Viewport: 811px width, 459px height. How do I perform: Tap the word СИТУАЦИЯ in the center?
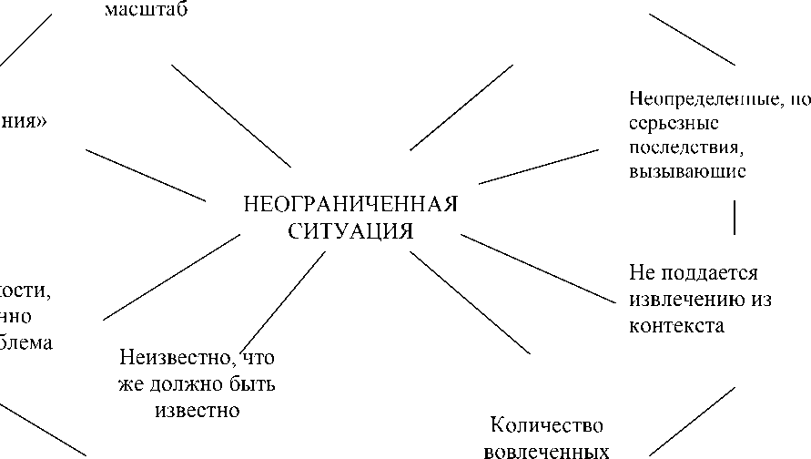tap(350, 230)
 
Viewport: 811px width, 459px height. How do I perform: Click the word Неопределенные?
tap(698, 98)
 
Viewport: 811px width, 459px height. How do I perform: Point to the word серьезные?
tap(674, 122)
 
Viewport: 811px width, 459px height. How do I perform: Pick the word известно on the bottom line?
tap(196, 410)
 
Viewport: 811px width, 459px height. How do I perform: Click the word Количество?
tap(546, 425)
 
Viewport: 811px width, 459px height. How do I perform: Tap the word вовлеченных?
tap(546, 451)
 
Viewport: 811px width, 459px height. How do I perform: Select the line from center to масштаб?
tap(231, 116)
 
